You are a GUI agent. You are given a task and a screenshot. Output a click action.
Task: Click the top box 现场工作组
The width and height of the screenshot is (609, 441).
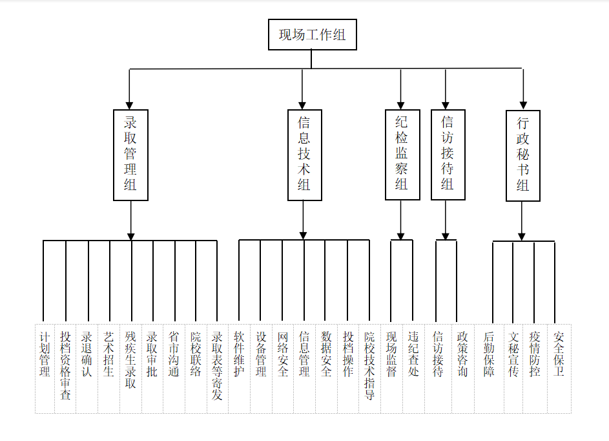pos(312,34)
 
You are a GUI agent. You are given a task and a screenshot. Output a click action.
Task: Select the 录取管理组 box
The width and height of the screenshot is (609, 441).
pos(130,155)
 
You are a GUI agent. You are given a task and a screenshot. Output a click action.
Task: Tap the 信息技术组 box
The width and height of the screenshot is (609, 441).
pos(304,155)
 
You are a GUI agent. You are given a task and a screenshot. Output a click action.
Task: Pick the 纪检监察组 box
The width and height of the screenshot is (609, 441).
pos(402,155)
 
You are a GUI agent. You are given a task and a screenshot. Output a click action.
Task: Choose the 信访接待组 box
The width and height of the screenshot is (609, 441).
pos(448,155)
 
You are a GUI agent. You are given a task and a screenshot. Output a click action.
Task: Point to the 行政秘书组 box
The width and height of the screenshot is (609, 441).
pos(522,156)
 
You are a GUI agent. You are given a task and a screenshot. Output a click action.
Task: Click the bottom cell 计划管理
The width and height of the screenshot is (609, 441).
pos(45,365)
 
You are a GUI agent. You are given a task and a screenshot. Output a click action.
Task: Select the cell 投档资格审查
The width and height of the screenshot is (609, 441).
pos(66,365)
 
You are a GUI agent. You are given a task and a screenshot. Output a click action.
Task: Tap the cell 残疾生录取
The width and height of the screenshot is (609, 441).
pos(130,365)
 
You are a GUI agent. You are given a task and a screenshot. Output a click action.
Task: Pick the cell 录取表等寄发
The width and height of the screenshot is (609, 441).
pos(217,365)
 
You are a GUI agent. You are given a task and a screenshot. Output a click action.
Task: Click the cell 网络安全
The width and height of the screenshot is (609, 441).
pos(283,365)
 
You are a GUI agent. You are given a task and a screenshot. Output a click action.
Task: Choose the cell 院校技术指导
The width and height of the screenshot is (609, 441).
pos(369,365)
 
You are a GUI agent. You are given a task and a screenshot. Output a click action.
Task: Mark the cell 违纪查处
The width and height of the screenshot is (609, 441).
pos(414,365)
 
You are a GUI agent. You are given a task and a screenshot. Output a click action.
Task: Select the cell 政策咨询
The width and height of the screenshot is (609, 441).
pos(462,365)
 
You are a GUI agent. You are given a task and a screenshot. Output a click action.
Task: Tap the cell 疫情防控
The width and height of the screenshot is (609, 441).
pos(535,365)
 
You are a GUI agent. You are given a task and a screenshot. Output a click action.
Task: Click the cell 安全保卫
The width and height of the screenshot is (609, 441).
pos(559,365)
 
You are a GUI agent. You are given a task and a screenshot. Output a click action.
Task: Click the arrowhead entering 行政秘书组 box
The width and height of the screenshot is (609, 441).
pos(523,105)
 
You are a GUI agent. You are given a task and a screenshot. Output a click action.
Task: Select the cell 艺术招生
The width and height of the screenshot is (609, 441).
pos(108,365)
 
